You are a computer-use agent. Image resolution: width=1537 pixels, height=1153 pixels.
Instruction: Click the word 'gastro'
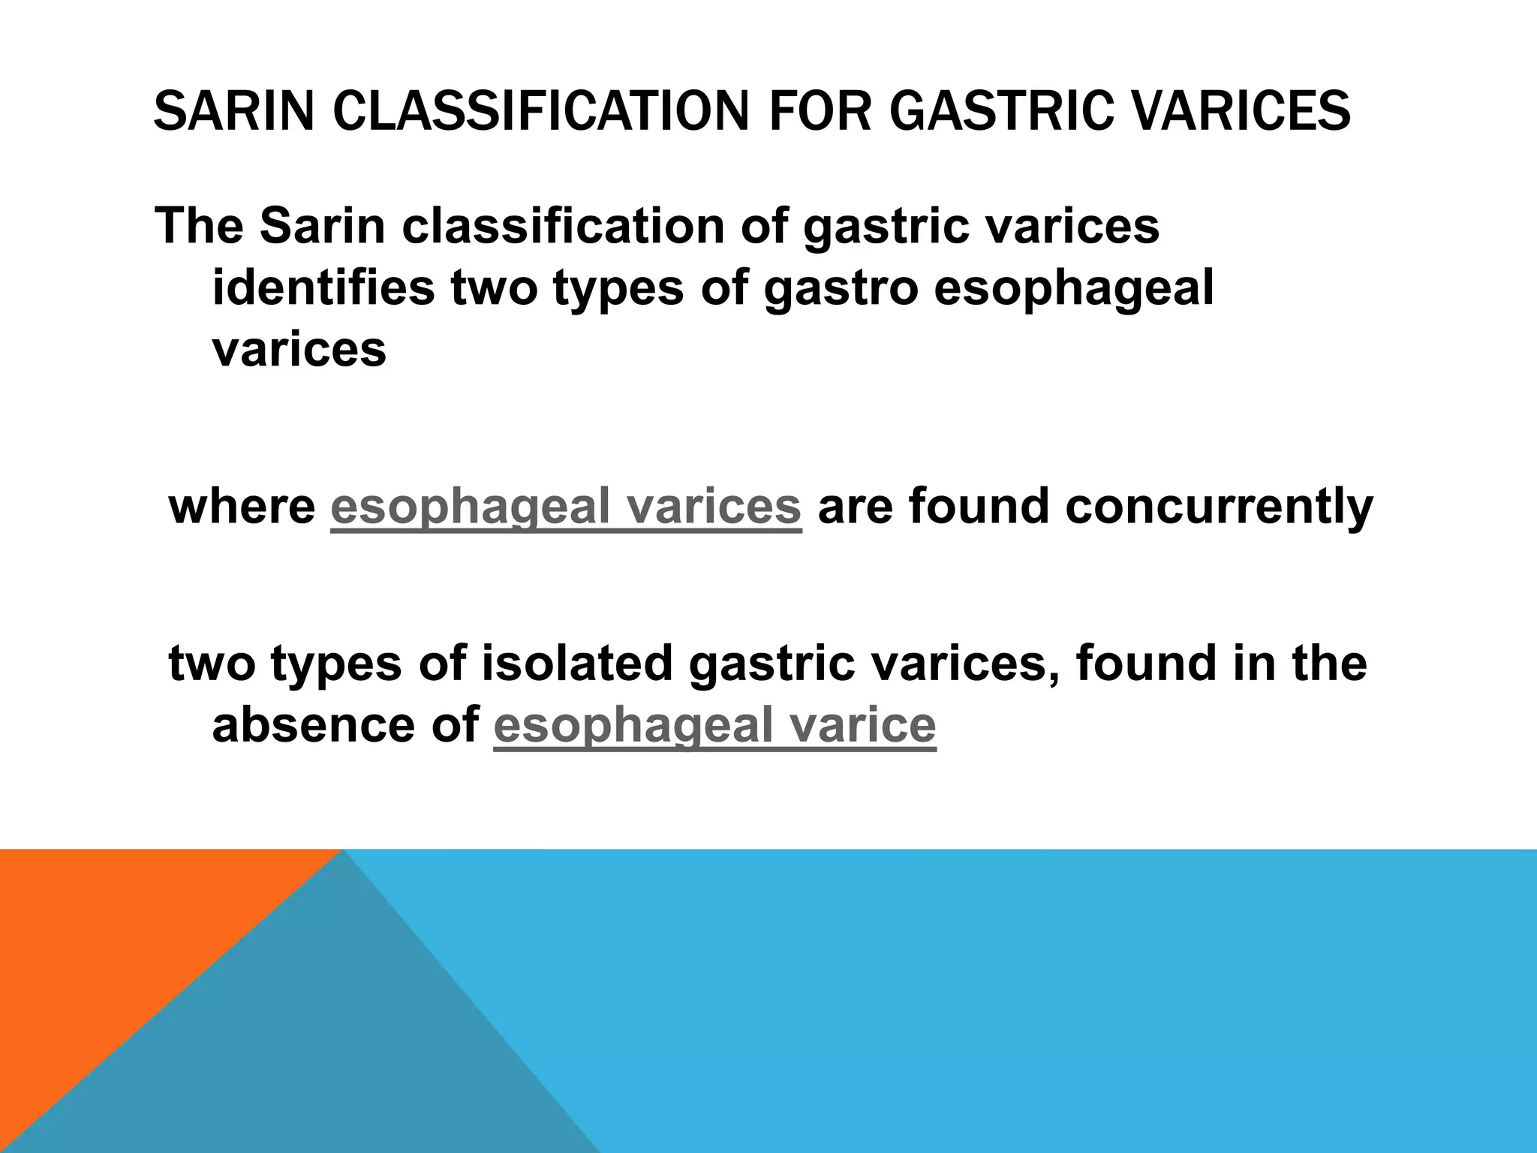point(841,289)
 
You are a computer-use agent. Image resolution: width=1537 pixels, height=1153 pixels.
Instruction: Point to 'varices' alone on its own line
point(299,349)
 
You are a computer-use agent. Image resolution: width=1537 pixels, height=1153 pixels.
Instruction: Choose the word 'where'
point(242,507)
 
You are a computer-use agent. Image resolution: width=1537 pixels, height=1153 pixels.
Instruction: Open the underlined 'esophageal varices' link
point(566,507)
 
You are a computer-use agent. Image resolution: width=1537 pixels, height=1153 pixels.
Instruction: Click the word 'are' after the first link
point(855,507)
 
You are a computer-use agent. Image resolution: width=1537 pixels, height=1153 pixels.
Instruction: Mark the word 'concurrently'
point(1218,507)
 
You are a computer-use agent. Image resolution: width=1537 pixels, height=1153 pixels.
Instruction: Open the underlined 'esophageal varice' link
point(714,725)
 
